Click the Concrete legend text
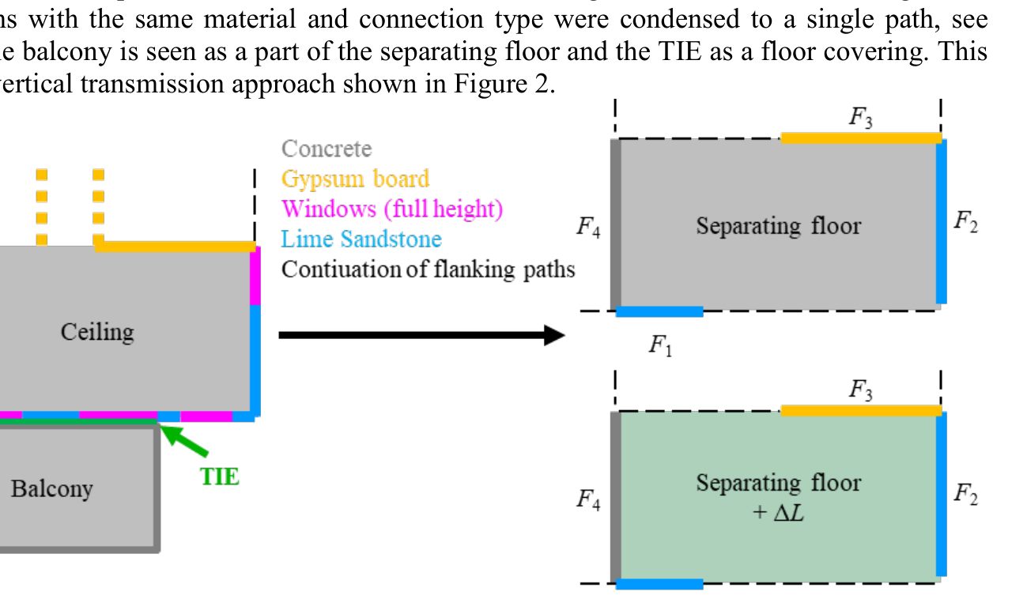(326, 149)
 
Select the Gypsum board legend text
(355, 179)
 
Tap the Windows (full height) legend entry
(392, 209)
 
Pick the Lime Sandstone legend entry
(361, 239)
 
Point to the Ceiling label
(97, 331)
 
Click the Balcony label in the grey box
(51, 488)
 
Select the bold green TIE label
(219, 477)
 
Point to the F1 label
(660, 345)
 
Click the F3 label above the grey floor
(861, 118)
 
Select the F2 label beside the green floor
(965, 494)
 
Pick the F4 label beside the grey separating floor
(587, 228)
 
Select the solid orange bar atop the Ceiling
(175, 247)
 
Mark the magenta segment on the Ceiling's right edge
(255, 277)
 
